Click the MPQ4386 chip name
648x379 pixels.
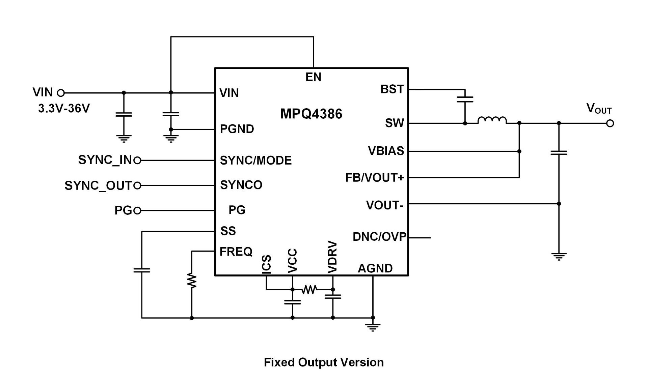pos(311,114)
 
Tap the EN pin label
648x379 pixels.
pos(313,77)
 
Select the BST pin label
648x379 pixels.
pos(392,89)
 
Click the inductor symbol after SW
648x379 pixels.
pos(492,120)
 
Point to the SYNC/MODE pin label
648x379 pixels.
pos(256,161)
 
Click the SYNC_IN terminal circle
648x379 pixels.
pos(137,161)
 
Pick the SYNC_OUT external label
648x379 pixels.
pos(98,186)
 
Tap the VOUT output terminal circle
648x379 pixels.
pos(610,123)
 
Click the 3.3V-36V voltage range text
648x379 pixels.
pos(64,109)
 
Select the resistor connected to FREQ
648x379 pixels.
pos(192,281)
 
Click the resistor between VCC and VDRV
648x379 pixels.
pos(309,289)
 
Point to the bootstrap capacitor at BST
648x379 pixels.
pos(465,99)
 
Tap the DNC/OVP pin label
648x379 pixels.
pos(379,237)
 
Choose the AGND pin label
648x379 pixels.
pos(375,268)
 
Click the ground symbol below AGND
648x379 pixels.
pos(373,327)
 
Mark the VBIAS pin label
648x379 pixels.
pos(386,151)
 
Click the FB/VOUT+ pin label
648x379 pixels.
pos(375,178)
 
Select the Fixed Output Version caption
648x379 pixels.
pos(324,362)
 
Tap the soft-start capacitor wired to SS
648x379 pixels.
pos(142,270)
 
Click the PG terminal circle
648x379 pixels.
pos(137,211)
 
